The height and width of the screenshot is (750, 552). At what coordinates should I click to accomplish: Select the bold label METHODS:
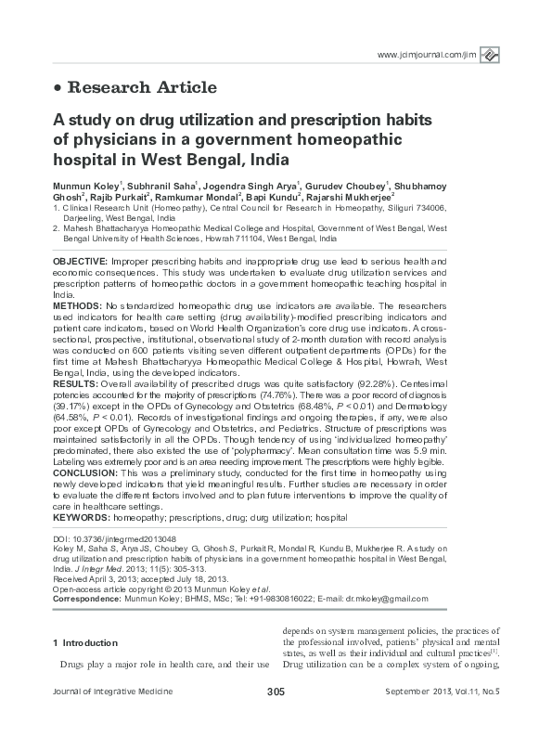point(74,304)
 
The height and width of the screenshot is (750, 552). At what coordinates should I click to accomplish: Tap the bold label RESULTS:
point(72,382)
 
